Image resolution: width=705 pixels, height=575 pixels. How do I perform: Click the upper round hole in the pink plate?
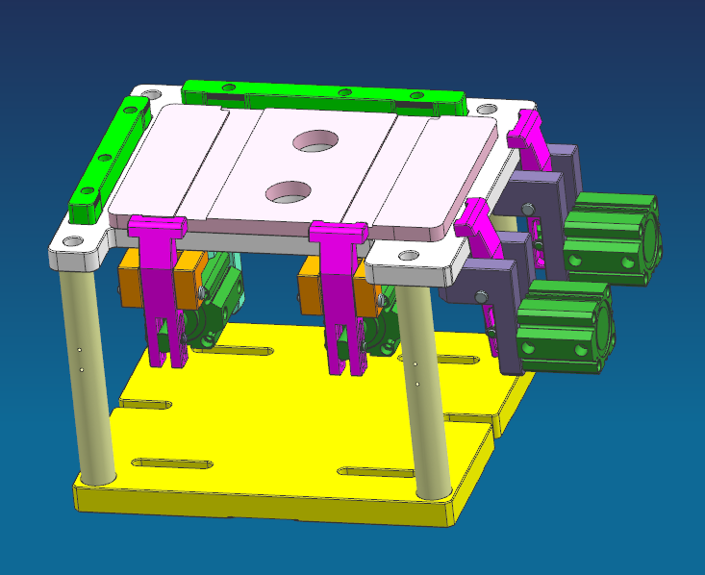317,140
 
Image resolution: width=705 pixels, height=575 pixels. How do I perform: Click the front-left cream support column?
86,375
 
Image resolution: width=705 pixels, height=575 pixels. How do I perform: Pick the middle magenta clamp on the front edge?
338,288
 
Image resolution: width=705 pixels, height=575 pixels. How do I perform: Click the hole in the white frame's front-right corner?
409,255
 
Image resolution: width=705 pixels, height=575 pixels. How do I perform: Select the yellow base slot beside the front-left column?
172,463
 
